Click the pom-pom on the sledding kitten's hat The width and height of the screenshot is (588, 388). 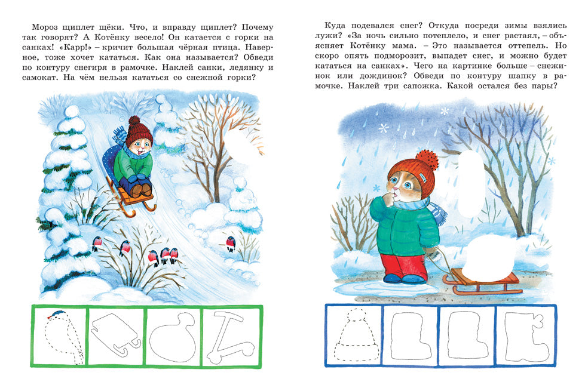tap(134, 122)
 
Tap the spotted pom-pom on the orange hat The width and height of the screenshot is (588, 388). tap(427, 159)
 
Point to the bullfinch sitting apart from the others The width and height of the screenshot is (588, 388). tap(231, 243)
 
